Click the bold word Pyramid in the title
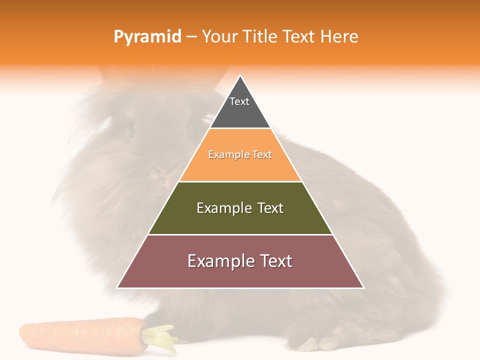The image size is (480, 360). point(147,37)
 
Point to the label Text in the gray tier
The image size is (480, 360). point(239,101)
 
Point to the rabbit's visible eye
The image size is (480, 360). point(131,130)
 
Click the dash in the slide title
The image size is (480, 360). point(191,37)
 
